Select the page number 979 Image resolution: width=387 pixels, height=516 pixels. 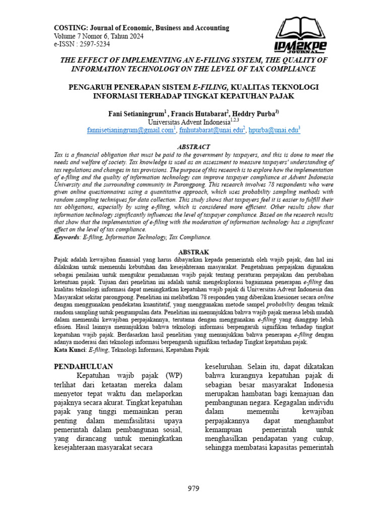193,488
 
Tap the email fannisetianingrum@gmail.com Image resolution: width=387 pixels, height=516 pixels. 130,130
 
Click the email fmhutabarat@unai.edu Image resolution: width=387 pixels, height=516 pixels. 211,130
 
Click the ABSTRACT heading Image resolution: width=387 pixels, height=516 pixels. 193,147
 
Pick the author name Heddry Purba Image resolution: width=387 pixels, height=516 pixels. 255,114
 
